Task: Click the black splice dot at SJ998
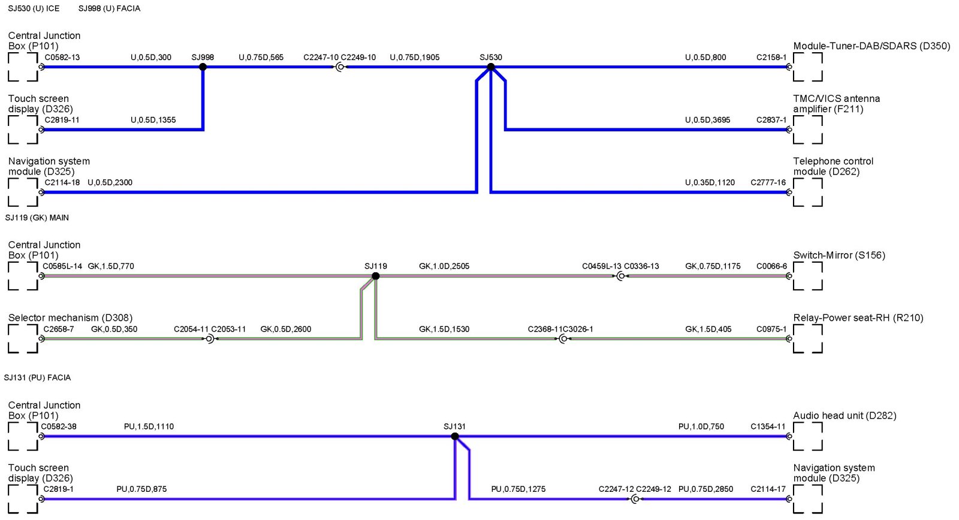click(x=203, y=67)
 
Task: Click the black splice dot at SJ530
click(x=491, y=67)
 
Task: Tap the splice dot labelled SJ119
click(x=376, y=276)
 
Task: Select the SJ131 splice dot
click(x=455, y=437)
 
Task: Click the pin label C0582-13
click(x=62, y=58)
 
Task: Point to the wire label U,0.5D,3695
click(x=707, y=120)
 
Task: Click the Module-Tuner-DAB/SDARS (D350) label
click(x=871, y=46)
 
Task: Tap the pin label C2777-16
click(x=768, y=182)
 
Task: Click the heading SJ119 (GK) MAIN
click(x=37, y=218)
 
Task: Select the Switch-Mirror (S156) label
click(x=839, y=255)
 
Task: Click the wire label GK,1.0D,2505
click(x=444, y=266)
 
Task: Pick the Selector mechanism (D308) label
click(x=70, y=318)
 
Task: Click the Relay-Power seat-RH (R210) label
click(x=858, y=318)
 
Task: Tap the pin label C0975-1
click(x=771, y=329)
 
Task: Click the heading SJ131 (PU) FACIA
click(x=38, y=378)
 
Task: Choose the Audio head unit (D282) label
click(x=845, y=416)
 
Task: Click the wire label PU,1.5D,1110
click(x=149, y=427)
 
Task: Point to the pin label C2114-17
click(x=768, y=489)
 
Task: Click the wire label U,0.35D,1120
click(x=710, y=182)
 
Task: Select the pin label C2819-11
click(x=62, y=120)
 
